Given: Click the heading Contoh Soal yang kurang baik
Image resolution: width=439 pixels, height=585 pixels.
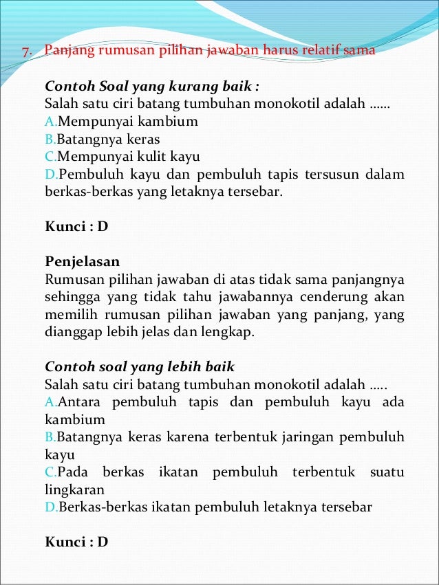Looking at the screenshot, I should tap(152, 87).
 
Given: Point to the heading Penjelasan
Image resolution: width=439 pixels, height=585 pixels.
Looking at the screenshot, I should tap(83, 262).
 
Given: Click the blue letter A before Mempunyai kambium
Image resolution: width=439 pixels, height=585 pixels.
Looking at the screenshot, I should tap(50, 122).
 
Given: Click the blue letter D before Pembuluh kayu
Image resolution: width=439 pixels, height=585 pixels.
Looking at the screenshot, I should tap(50, 175).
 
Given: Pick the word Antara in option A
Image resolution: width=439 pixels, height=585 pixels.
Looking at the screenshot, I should tap(81, 401).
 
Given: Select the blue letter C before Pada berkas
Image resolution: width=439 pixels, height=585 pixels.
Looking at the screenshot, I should tap(50, 473).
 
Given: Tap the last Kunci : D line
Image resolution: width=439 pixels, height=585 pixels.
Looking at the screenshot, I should tap(76, 542).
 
